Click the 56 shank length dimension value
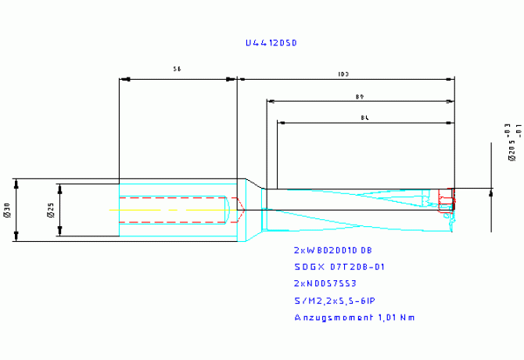pos(178,70)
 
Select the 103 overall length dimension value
pos(343,74)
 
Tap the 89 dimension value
pos(361,96)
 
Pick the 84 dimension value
pos(365,117)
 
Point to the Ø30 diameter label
pos(7,210)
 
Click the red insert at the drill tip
pos(446,199)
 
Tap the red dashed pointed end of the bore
pos(240,211)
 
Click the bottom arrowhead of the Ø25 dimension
pos(60,233)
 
